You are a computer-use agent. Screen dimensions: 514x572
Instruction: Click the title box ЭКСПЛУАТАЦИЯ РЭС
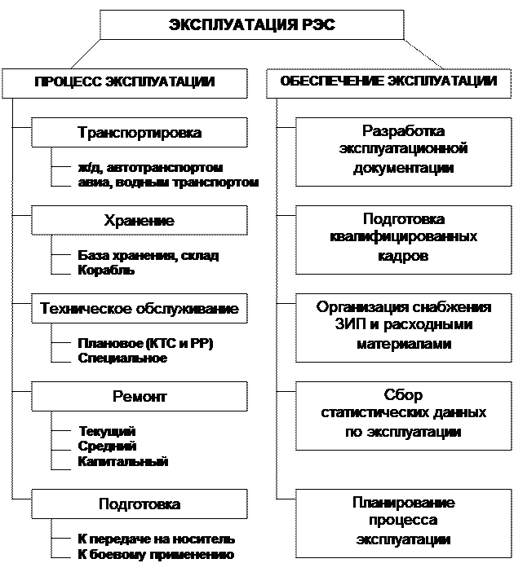click(x=251, y=24)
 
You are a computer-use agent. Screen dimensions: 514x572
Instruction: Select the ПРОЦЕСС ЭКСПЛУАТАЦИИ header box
click(x=124, y=81)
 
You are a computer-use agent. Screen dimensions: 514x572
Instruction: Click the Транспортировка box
click(x=139, y=132)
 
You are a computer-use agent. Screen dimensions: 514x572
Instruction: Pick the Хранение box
click(x=139, y=221)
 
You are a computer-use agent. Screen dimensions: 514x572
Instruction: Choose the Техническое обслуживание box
click(x=139, y=310)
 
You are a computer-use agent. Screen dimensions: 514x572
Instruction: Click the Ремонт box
click(x=139, y=397)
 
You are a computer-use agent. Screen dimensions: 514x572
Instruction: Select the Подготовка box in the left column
click(x=139, y=504)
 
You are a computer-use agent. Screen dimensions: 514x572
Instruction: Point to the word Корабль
click(x=101, y=270)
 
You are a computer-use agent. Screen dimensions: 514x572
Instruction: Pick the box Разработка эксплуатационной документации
click(x=404, y=149)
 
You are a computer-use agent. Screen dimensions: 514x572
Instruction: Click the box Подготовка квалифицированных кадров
click(x=404, y=237)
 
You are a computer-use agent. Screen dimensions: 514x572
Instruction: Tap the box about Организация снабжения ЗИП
click(x=404, y=326)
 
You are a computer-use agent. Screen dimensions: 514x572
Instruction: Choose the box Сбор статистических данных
click(x=404, y=413)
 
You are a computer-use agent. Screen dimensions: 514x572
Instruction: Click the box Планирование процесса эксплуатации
click(x=404, y=521)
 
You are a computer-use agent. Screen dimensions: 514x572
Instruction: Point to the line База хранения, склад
click(x=148, y=255)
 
